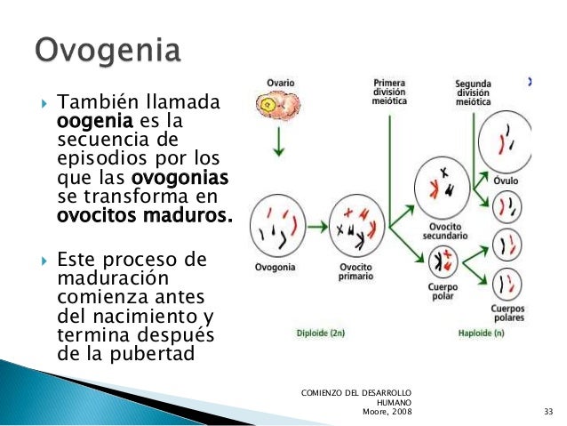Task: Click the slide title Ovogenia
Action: click(x=108, y=50)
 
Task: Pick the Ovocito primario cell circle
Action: click(x=355, y=228)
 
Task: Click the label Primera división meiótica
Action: click(x=391, y=92)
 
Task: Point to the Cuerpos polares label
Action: click(x=508, y=313)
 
